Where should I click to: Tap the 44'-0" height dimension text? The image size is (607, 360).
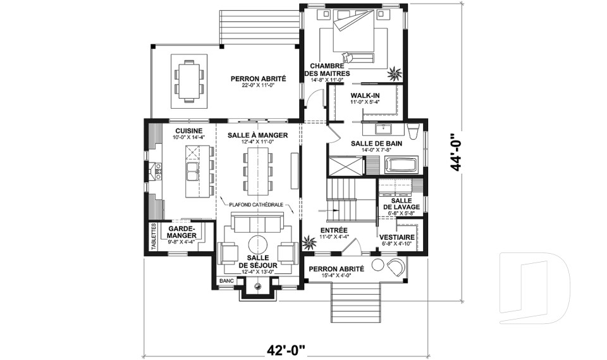click(x=457, y=152)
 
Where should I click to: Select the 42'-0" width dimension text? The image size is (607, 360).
click(x=286, y=351)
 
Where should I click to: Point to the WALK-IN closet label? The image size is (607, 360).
click(x=365, y=96)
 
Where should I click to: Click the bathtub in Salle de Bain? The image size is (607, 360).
click(x=402, y=164)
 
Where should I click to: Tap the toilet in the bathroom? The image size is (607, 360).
click(x=414, y=132)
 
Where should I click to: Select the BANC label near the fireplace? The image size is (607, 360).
click(x=226, y=280)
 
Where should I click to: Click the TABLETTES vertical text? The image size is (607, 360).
click(x=154, y=237)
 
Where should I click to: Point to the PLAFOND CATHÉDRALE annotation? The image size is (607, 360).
click(x=256, y=205)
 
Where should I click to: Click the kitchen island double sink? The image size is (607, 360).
click(x=192, y=171)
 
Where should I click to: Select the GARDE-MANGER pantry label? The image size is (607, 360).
click(x=182, y=232)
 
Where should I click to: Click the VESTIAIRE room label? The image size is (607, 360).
click(x=397, y=237)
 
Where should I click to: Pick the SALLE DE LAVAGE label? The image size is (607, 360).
click(x=402, y=204)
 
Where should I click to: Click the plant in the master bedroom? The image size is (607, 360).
click(x=395, y=73)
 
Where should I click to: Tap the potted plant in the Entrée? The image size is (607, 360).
click(x=309, y=243)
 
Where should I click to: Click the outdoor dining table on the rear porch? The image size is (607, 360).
click(x=189, y=81)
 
